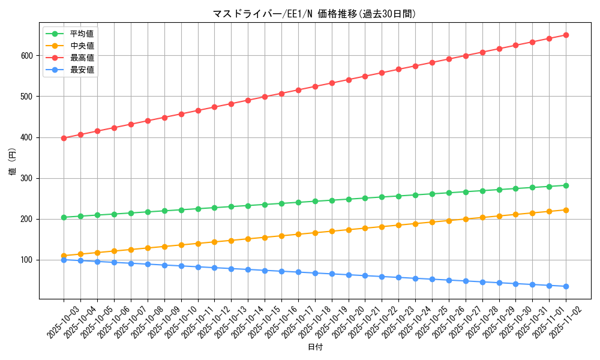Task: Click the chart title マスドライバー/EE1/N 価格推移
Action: tap(314, 14)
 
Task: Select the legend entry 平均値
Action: tap(82, 34)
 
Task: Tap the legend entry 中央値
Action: tap(82, 46)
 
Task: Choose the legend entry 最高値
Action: tap(82, 58)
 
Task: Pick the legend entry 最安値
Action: tap(82, 70)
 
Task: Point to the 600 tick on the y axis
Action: tap(27, 56)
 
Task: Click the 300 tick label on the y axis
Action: tap(27, 178)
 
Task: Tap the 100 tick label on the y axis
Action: tap(27, 260)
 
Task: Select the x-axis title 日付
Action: tap(314, 347)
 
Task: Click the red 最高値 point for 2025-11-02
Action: tap(566, 35)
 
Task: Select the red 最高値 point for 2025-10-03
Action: tap(64, 138)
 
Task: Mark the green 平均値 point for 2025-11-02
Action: tap(566, 185)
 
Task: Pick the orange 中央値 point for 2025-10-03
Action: tap(64, 256)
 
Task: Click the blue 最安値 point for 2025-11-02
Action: tap(566, 286)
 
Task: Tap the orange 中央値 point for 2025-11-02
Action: tap(566, 210)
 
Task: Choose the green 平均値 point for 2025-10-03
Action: tap(64, 217)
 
